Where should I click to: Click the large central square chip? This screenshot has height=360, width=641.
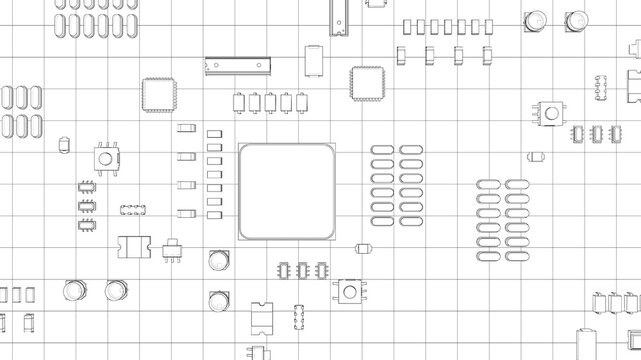click(x=286, y=191)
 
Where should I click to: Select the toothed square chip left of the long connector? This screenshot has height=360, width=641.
click(x=158, y=93)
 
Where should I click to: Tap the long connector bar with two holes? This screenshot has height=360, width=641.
click(x=238, y=65)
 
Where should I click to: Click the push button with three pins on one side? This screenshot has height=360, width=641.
click(x=547, y=111)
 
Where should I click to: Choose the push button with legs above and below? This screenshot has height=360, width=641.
click(x=102, y=154)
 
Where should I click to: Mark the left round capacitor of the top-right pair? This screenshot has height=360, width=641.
click(x=535, y=20)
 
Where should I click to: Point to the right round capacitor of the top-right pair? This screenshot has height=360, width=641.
click(x=577, y=20)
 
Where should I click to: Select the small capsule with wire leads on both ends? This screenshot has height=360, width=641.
click(x=365, y=248)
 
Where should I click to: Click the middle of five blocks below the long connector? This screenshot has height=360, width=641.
click(x=270, y=101)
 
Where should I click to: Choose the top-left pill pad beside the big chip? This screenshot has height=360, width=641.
click(x=382, y=150)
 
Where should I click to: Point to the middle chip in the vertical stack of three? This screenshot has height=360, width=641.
click(x=86, y=206)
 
